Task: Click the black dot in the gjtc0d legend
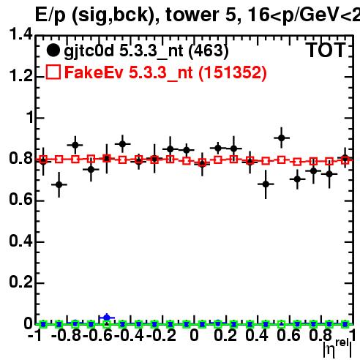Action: [53, 50]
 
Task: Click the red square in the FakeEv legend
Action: [53, 72]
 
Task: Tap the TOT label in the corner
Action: [326, 50]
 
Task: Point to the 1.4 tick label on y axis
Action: [20, 34]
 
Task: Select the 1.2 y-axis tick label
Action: [20, 75]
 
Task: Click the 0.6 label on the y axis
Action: [20, 200]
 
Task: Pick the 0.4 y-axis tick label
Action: [20, 241]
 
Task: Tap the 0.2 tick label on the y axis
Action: [20, 282]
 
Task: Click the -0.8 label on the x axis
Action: [66, 335]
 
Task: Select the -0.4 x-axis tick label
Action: [129, 335]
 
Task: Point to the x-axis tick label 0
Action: [194, 335]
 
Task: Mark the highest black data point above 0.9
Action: [282, 138]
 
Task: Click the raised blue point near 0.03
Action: [107, 318]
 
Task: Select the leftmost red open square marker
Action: [43, 160]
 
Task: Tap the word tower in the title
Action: [192, 15]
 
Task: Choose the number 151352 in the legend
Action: [233, 72]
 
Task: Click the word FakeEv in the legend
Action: [94, 72]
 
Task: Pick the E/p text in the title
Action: [50, 15]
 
